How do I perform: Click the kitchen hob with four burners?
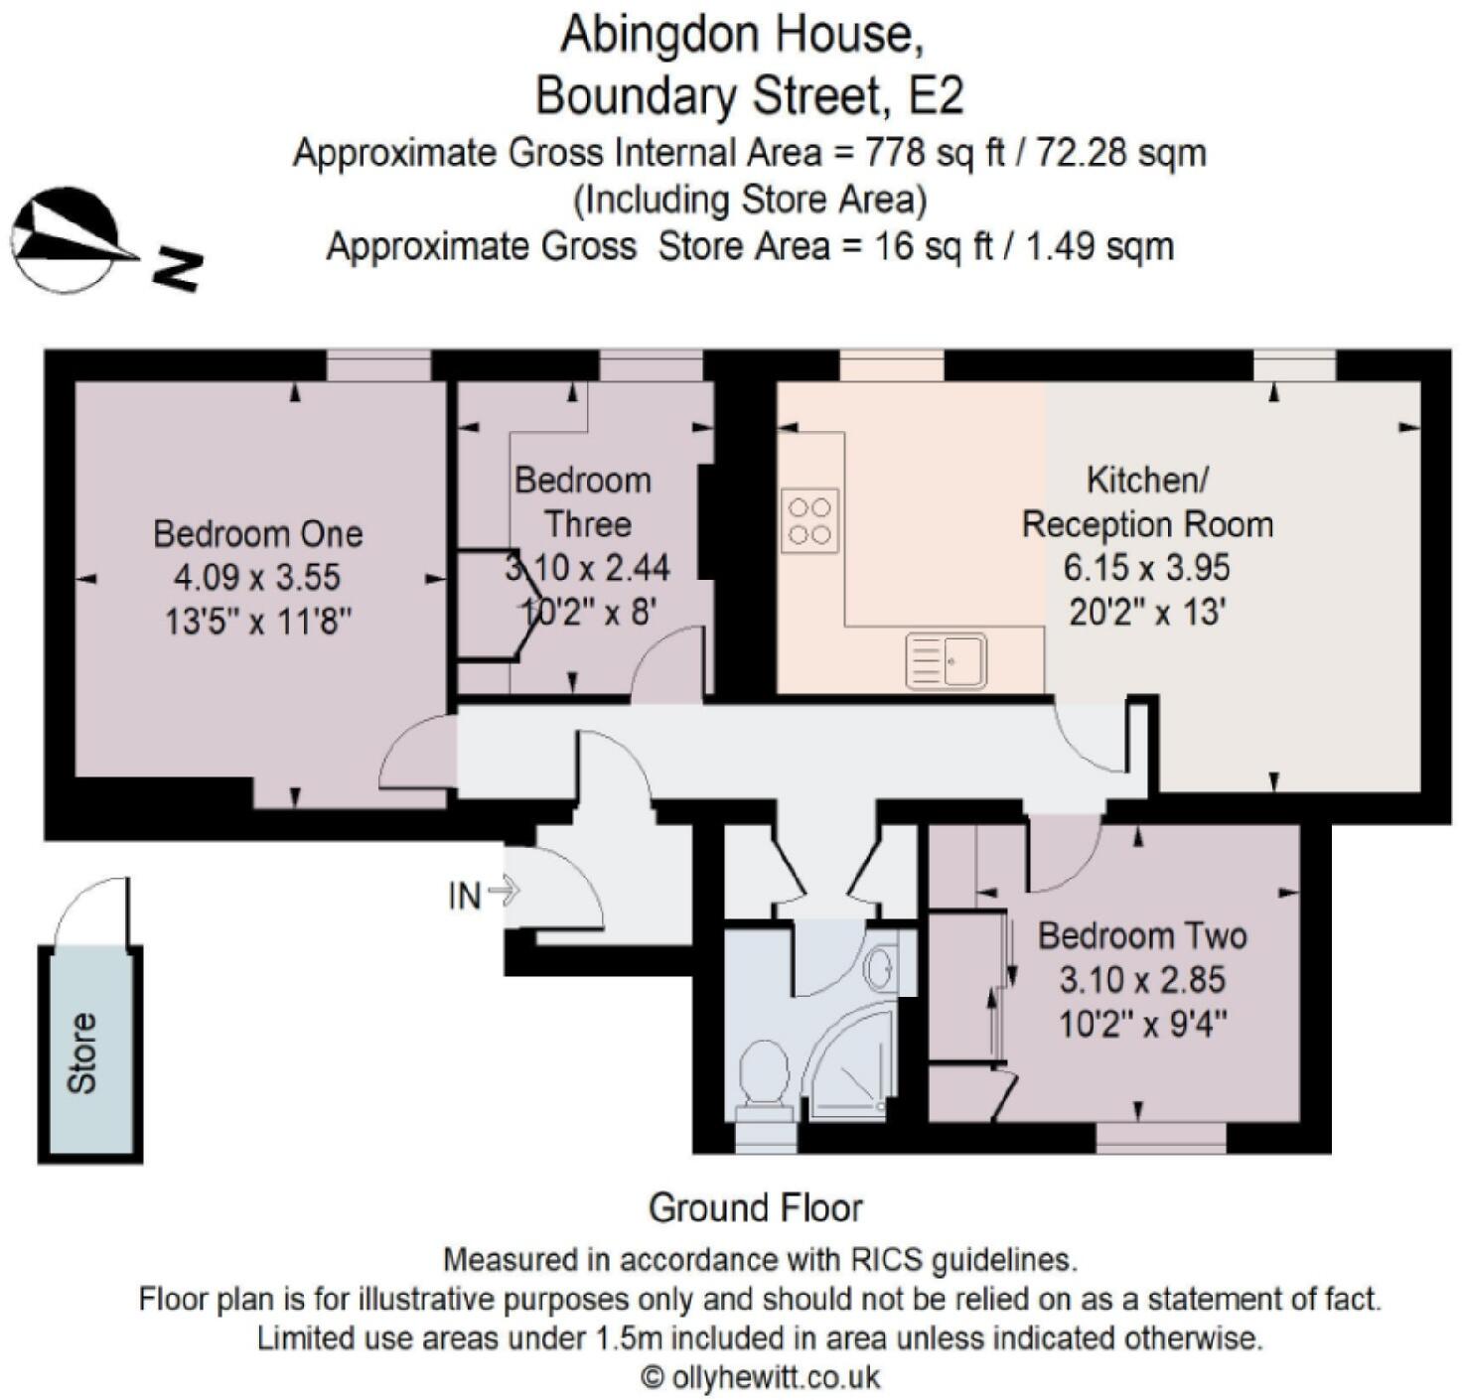(809, 521)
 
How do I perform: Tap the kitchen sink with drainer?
(946, 660)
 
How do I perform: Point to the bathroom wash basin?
(879, 966)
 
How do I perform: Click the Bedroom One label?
(257, 534)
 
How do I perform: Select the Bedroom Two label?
(1142, 935)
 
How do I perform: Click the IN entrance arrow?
(505, 891)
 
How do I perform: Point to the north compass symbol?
(70, 241)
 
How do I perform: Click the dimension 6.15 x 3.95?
(1146, 568)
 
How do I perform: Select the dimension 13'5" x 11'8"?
(257, 622)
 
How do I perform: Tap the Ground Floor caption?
(755, 1208)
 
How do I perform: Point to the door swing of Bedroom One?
(412, 755)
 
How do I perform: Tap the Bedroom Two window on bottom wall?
(1160, 1138)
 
